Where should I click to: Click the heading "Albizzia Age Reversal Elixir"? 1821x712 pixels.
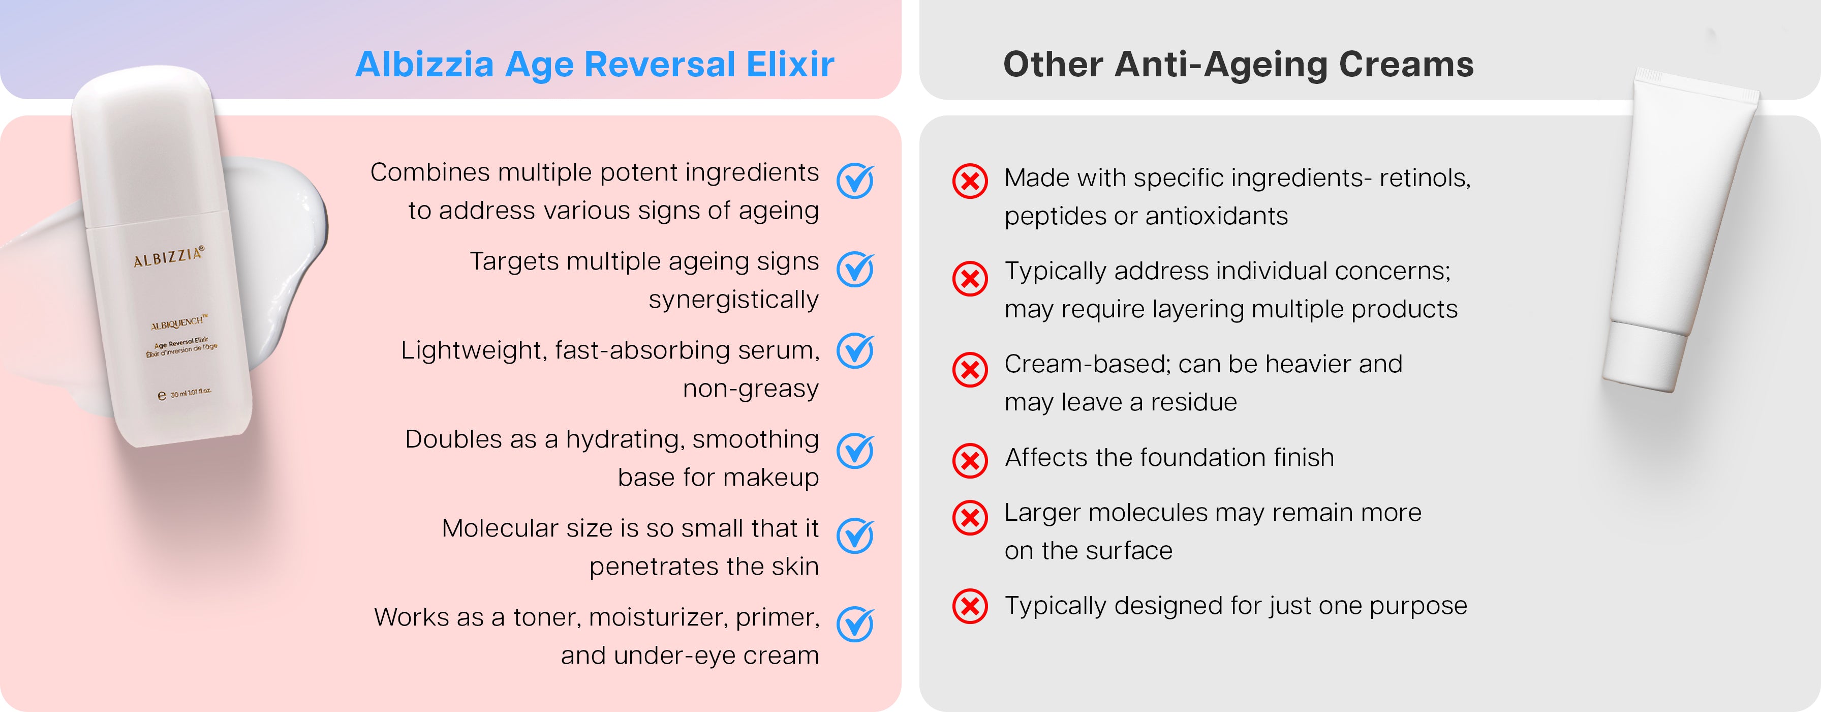coord(595,65)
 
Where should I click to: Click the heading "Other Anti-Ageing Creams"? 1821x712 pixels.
coord(1239,65)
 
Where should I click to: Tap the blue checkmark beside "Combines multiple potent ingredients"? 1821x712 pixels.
coord(855,181)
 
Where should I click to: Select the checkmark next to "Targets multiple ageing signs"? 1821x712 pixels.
coord(855,270)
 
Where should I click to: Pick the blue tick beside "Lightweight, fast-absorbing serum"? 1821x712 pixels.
coord(855,351)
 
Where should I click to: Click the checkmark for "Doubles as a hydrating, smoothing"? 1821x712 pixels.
coord(855,451)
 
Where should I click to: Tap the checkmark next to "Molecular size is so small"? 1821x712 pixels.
coord(855,536)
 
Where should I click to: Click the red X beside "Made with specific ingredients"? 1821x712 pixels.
coord(970,182)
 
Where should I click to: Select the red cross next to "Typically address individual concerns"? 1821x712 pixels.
coord(970,279)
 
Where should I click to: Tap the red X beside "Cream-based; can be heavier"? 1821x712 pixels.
coord(970,370)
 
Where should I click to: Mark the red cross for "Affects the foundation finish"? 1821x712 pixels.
coord(970,461)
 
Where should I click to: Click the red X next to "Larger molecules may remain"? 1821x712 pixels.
coord(970,518)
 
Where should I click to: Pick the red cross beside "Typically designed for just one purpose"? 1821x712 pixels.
coord(970,606)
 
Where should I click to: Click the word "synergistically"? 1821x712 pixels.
coord(734,300)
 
